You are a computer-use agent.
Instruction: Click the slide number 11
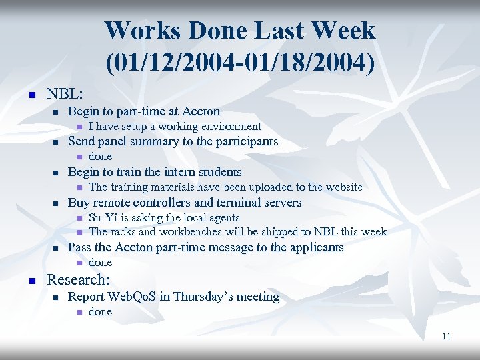pyautogui.click(x=446, y=337)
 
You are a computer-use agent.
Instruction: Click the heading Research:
pyautogui.click(x=77, y=279)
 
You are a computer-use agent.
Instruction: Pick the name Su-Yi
pyautogui.click(x=102, y=218)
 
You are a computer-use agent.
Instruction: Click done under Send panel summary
pyautogui.click(x=100, y=156)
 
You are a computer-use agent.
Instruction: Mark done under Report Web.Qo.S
pyautogui.click(x=100, y=311)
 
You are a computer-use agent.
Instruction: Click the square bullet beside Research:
pyautogui.click(x=31, y=280)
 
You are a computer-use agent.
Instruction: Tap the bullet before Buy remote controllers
pyautogui.click(x=57, y=203)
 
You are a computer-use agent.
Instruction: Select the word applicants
pyautogui.click(x=315, y=247)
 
